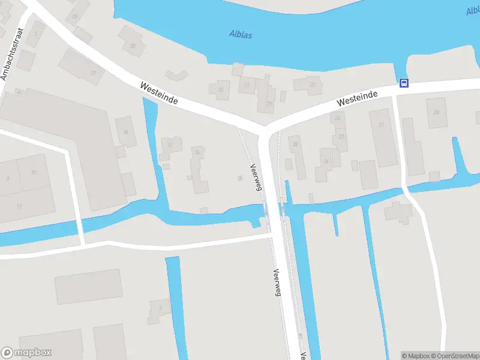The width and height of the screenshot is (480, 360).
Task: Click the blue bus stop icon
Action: tap(404, 83)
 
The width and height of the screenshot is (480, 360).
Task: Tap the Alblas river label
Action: tap(241, 34)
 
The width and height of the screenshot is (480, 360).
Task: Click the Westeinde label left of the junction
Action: tap(159, 94)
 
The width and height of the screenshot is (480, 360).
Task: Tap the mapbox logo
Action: tap(26, 353)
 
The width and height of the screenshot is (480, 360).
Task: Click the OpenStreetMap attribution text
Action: tap(455, 356)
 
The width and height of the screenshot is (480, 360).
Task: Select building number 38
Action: tap(132, 46)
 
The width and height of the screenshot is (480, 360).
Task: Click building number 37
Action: tap(93, 73)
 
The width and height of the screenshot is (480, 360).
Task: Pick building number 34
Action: tap(125, 132)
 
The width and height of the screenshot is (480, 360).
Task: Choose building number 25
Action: tap(312, 85)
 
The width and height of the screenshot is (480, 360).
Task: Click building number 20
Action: tap(436, 112)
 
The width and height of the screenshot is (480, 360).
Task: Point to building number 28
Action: tap(295, 145)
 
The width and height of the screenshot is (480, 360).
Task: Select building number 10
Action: tap(34, 173)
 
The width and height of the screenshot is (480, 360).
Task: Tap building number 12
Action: tap(19, 206)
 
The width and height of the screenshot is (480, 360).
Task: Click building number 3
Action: tap(160, 309)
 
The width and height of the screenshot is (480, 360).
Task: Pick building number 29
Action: tap(269, 104)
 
